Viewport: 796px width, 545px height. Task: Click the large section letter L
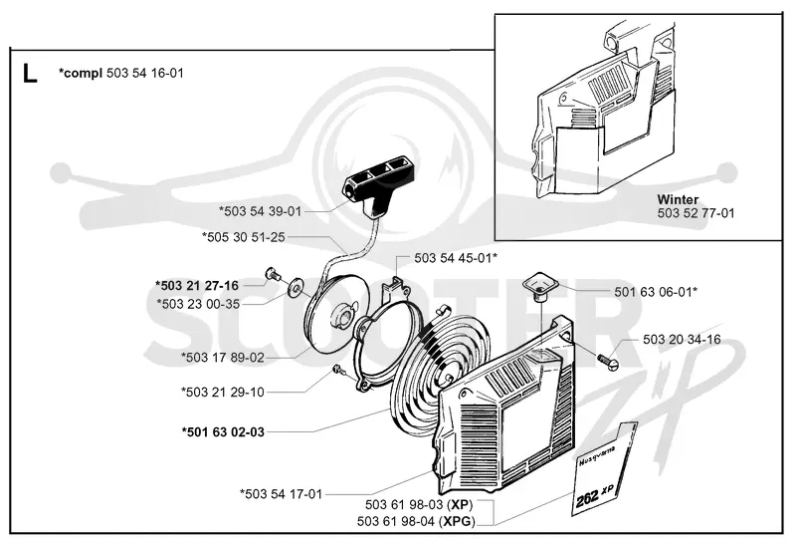(x=30, y=74)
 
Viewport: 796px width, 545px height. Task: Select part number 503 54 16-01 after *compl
(x=145, y=73)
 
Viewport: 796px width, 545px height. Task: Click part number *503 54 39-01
(x=260, y=211)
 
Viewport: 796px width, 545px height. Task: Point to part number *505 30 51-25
(x=243, y=237)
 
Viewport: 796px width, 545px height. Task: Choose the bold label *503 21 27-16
(x=196, y=285)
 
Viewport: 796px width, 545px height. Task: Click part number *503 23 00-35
(x=198, y=304)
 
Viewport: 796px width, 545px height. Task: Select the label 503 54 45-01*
(x=456, y=258)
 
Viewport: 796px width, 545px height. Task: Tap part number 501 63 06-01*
(x=656, y=292)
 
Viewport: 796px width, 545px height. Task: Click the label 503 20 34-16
(x=682, y=339)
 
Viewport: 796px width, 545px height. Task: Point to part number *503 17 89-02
(x=223, y=358)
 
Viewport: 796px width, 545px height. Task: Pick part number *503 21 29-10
(x=223, y=392)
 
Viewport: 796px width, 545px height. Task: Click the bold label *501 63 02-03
(x=223, y=432)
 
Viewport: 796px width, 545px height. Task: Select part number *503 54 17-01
(x=282, y=493)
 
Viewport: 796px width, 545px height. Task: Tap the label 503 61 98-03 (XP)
(x=419, y=505)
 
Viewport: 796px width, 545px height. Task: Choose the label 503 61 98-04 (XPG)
(x=416, y=521)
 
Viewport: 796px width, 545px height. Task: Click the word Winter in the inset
(x=678, y=199)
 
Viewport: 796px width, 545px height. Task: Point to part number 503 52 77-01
(x=696, y=213)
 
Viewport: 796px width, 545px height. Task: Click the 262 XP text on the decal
(x=595, y=495)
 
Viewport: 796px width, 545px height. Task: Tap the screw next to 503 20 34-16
(x=609, y=361)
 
